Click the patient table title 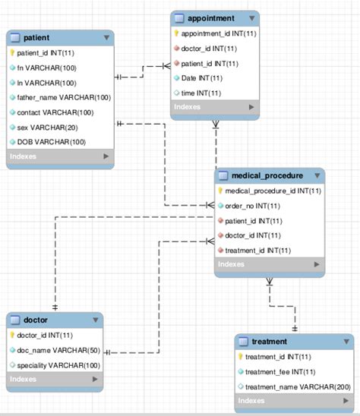pyautogui.click(x=37, y=36)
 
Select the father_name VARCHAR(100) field pyautogui.click(x=64, y=97)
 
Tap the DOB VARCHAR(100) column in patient pyautogui.click(x=52, y=142)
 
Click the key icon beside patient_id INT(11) pyautogui.click(x=13, y=52)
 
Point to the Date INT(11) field pyautogui.click(x=203, y=78)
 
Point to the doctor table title pyautogui.click(x=36, y=320)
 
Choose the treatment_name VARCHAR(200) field pyautogui.click(x=292, y=386)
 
